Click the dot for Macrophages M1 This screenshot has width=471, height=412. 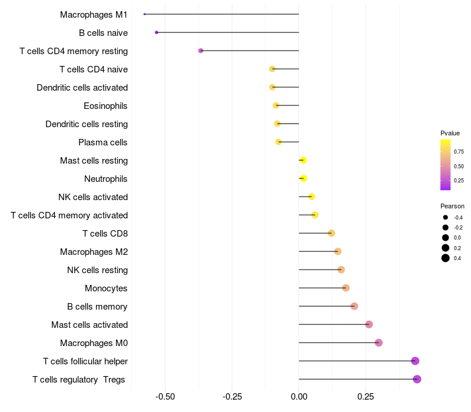point(144,14)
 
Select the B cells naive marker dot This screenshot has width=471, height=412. point(156,32)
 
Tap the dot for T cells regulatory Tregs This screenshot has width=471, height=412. point(417,379)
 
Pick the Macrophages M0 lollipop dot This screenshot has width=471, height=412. point(379,343)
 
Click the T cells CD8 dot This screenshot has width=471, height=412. point(331,233)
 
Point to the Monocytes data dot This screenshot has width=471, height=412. point(346,288)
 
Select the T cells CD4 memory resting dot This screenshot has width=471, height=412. point(201,51)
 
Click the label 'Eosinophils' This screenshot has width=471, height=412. point(106,106)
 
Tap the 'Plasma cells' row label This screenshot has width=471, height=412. point(103,142)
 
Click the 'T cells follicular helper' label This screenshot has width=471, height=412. point(85,361)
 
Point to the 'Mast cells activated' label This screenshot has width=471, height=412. point(89,325)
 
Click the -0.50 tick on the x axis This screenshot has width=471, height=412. point(165,396)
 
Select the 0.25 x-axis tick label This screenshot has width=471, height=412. point(366,396)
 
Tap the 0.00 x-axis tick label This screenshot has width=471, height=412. point(299,396)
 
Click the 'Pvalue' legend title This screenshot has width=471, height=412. point(450,133)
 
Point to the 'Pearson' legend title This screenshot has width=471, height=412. point(452,206)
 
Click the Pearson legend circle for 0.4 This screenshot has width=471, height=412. point(446,258)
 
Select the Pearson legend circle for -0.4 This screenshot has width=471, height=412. point(446,218)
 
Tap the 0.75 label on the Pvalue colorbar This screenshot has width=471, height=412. point(459,151)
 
